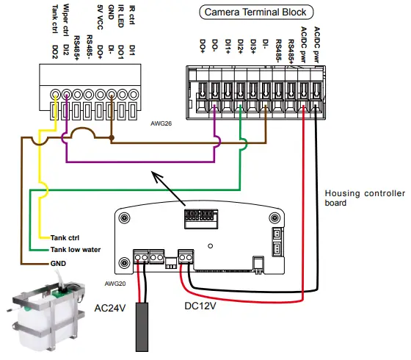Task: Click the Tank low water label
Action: click(76, 250)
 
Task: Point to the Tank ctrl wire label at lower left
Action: click(67, 237)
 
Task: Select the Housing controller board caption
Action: click(365, 198)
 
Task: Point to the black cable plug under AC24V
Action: click(142, 328)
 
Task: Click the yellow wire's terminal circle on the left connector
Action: click(56, 94)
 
